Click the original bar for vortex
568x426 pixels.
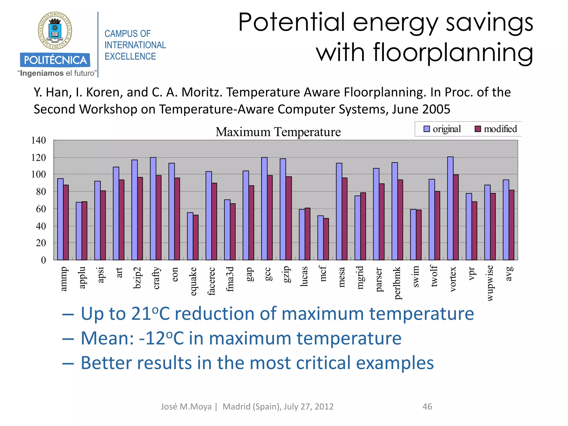(450, 208)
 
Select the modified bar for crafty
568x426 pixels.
(159, 217)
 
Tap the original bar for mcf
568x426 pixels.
(320, 238)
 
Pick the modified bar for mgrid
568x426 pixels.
(363, 226)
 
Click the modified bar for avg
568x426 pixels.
(511, 225)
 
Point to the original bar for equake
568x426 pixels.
(190, 236)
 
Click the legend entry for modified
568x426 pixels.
(496, 129)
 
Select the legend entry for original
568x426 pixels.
(442, 129)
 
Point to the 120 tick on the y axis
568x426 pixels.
(39, 158)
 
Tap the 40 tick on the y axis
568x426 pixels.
(41, 226)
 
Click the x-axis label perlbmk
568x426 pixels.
(397, 283)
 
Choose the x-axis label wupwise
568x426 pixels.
(490, 283)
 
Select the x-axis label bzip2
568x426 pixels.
(137, 278)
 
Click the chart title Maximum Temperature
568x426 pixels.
(278, 132)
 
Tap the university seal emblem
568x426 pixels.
(55, 31)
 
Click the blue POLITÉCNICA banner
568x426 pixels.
(55, 60)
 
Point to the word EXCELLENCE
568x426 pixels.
(130, 56)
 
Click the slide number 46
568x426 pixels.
(427, 407)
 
